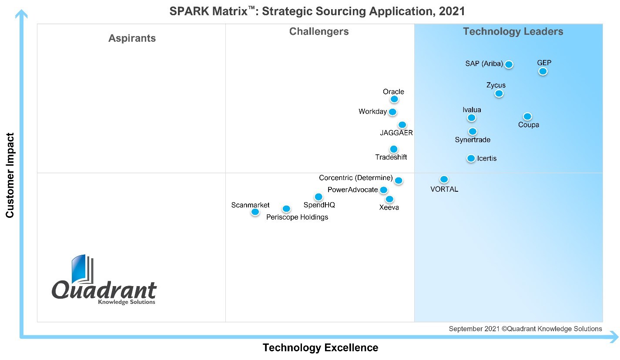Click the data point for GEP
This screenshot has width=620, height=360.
pyautogui.click(x=543, y=71)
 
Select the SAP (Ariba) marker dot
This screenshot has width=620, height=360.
pyautogui.click(x=509, y=64)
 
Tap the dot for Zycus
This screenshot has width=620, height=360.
pyautogui.click(x=499, y=93)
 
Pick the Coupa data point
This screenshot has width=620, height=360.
pyautogui.click(x=527, y=116)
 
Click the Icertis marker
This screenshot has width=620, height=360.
pyautogui.click(x=471, y=158)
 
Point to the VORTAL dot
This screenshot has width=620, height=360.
pyautogui.click(x=444, y=179)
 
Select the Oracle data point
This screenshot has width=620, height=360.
pyautogui.click(x=394, y=99)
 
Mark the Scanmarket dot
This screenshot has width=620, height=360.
pyautogui.click(x=255, y=212)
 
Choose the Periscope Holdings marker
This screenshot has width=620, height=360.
pyautogui.click(x=286, y=209)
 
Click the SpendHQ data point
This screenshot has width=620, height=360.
pyautogui.click(x=318, y=197)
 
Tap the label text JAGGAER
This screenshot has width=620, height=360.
pyautogui.click(x=396, y=133)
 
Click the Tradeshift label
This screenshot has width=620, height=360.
pyautogui.click(x=391, y=157)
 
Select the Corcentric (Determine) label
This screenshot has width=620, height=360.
pyautogui.click(x=355, y=178)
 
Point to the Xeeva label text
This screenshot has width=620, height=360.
pyautogui.click(x=389, y=207)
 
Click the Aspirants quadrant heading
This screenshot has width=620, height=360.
pyautogui.click(x=132, y=38)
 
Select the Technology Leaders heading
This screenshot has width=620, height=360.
pyautogui.click(x=513, y=31)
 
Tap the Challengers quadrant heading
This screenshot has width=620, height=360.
pyautogui.click(x=319, y=31)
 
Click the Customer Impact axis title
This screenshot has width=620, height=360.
pyautogui.click(x=10, y=175)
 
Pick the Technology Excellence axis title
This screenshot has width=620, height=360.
pyautogui.click(x=320, y=348)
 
